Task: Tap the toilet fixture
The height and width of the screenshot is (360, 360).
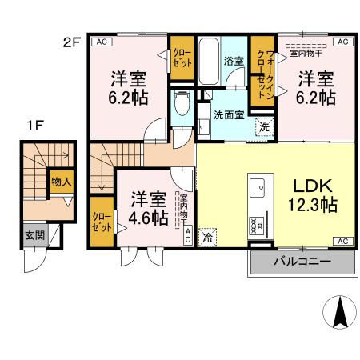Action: coord(182,102)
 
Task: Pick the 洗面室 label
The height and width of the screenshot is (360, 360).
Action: coord(228,114)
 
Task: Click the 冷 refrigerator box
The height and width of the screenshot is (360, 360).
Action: coord(207,237)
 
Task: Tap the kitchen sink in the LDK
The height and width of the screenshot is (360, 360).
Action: coord(259,188)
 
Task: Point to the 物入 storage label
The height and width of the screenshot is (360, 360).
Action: coord(61,182)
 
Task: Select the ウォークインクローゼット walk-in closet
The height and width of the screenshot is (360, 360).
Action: coord(262,71)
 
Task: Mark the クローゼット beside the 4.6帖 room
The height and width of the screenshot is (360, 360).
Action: coord(102,221)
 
